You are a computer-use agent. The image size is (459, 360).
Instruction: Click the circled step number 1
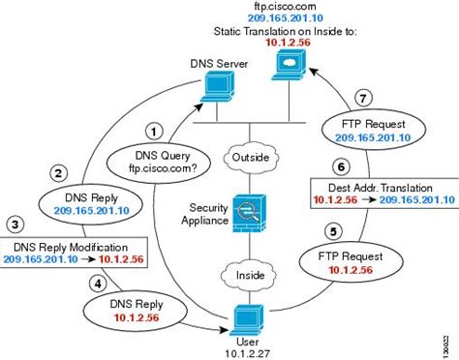(x=151, y=128)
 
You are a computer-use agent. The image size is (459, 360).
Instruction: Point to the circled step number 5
(x=333, y=232)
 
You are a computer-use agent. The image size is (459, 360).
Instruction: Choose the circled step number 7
(x=361, y=99)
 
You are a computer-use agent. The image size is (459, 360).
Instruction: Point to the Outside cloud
(x=248, y=155)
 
